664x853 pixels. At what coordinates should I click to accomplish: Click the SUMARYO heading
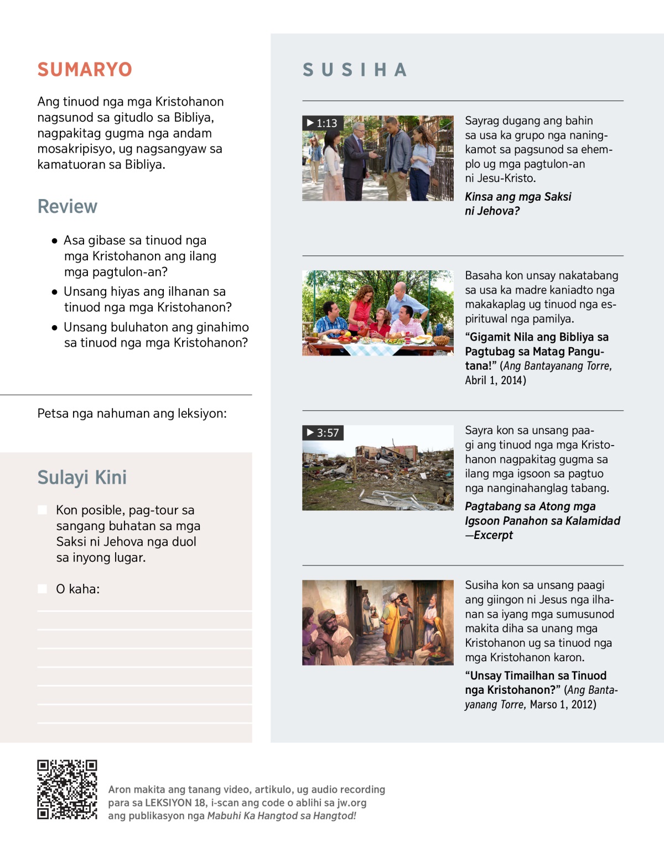[85, 70]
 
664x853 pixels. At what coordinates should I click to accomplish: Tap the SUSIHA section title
[355, 70]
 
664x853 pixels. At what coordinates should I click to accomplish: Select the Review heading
[67, 206]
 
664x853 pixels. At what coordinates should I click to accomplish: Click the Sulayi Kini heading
[82, 477]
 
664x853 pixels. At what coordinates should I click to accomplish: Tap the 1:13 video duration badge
[322, 123]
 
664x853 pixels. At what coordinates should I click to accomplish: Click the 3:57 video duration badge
[323, 432]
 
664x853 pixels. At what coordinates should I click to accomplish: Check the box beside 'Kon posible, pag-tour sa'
[42, 510]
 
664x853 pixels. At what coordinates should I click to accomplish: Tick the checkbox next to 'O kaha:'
[42, 589]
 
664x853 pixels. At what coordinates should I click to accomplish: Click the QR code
[67, 789]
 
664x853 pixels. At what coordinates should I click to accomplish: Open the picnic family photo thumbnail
[377, 313]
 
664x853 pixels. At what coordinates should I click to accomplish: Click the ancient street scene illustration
[377, 622]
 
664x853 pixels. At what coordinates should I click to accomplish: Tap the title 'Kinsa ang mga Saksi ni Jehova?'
[517, 203]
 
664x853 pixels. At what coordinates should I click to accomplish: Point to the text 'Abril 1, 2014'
[495, 380]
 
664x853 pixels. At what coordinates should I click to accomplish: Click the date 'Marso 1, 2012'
[563, 704]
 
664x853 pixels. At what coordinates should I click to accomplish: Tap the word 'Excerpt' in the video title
[493, 535]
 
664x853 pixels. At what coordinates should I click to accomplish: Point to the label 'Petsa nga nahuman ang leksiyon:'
[132, 414]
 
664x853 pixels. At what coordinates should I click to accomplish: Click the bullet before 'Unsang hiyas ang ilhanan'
[54, 292]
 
